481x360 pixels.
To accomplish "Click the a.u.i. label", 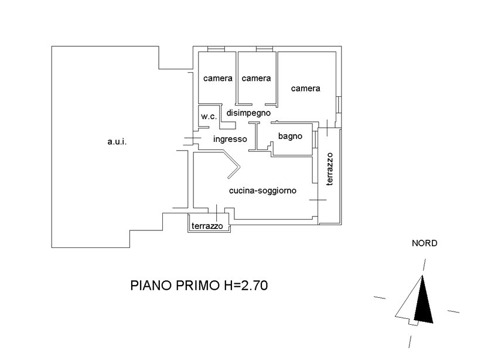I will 117,142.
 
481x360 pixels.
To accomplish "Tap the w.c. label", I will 209,116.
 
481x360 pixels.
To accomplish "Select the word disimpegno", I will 248,112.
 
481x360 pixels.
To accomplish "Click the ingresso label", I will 230,139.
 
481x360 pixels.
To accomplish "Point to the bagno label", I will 290,136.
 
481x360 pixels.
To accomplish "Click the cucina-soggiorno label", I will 262,191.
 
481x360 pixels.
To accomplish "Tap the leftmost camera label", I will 218,78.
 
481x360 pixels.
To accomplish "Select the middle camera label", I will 256,78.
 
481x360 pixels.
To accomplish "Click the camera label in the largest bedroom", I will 306,89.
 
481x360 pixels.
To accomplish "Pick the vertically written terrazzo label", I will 329,169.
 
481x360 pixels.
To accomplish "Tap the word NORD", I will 425,243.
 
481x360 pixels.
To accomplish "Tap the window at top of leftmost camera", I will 216,49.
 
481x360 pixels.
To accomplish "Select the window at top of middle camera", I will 264,49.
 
